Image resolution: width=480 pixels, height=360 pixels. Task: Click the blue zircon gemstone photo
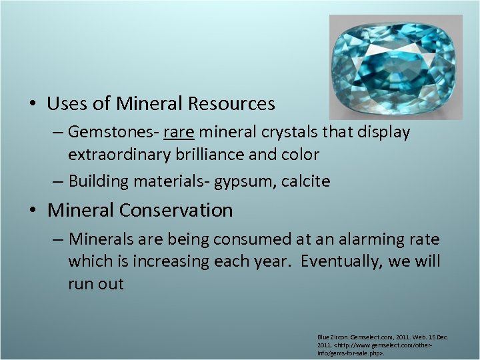(395, 67)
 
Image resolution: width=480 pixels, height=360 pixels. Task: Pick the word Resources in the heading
(231, 104)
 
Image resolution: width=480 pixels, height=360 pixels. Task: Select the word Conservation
(176, 211)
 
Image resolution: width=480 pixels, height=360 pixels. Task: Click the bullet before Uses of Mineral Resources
(33, 105)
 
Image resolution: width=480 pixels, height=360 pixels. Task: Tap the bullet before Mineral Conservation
(33, 211)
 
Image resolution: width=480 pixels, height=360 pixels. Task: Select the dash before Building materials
(58, 181)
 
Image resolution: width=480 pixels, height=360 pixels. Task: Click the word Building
(97, 181)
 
